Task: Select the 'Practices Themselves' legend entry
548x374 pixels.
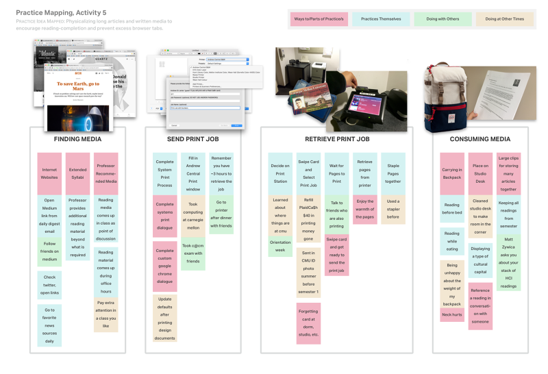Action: pos(381,18)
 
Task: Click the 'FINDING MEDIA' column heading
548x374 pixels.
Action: pos(77,139)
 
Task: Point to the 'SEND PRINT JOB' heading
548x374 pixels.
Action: pos(194,139)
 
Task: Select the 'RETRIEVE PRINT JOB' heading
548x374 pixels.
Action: pos(336,139)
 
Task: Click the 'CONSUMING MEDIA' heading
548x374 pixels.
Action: pos(480,139)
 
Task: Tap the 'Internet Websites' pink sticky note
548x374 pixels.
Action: pos(49,173)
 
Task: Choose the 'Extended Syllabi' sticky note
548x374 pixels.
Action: pos(78,173)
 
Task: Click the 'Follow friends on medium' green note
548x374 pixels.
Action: pos(49,251)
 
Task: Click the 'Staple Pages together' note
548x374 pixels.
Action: pos(393,173)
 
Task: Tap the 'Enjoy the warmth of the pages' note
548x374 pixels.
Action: pos(364,209)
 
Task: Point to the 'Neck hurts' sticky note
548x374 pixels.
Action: pos(452,314)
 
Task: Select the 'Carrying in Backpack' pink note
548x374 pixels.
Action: pos(452,173)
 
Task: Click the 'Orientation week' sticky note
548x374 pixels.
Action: pos(280,245)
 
